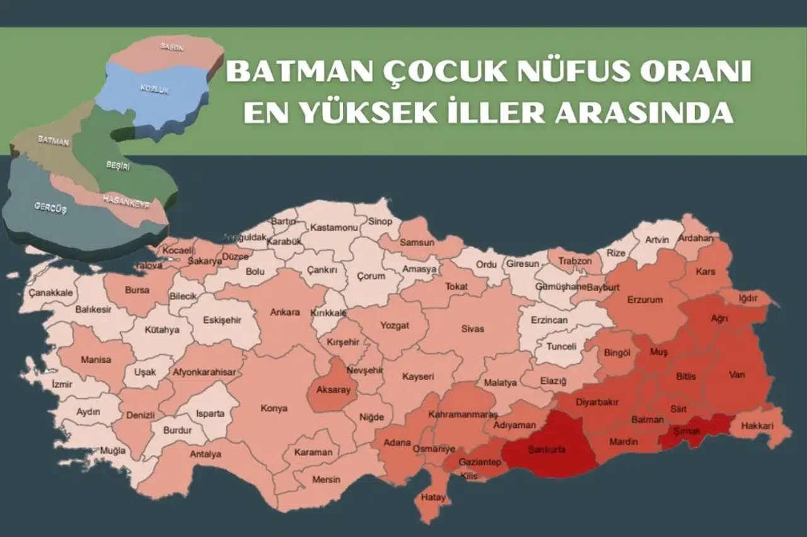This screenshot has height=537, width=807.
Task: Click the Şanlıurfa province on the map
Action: pyautogui.click(x=547, y=449)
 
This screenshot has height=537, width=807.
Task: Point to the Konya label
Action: pyautogui.click(x=274, y=408)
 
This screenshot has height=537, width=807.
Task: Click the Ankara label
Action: pyautogui.click(x=286, y=312)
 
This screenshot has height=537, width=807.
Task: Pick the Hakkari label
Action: pyautogui.click(x=757, y=426)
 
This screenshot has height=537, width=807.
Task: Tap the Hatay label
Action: pyautogui.click(x=434, y=497)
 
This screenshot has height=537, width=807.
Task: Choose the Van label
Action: pyautogui.click(x=736, y=375)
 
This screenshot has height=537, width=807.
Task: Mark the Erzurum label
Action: pyautogui.click(x=645, y=300)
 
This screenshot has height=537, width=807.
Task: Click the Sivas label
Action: pyautogui.click(x=472, y=329)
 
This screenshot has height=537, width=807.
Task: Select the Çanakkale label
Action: pyautogui.click(x=50, y=293)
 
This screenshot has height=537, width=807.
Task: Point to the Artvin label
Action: pyautogui.click(x=656, y=240)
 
